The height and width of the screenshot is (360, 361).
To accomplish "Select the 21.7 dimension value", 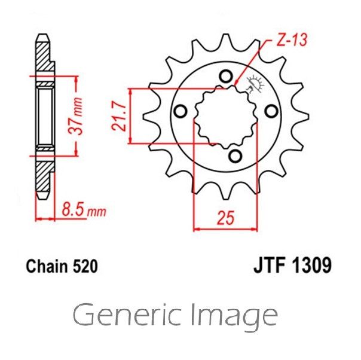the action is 119,116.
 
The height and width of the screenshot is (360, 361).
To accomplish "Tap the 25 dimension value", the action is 226,218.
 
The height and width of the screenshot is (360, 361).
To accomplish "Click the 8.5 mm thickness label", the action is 84,209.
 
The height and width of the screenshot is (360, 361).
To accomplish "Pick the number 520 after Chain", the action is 85,267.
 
